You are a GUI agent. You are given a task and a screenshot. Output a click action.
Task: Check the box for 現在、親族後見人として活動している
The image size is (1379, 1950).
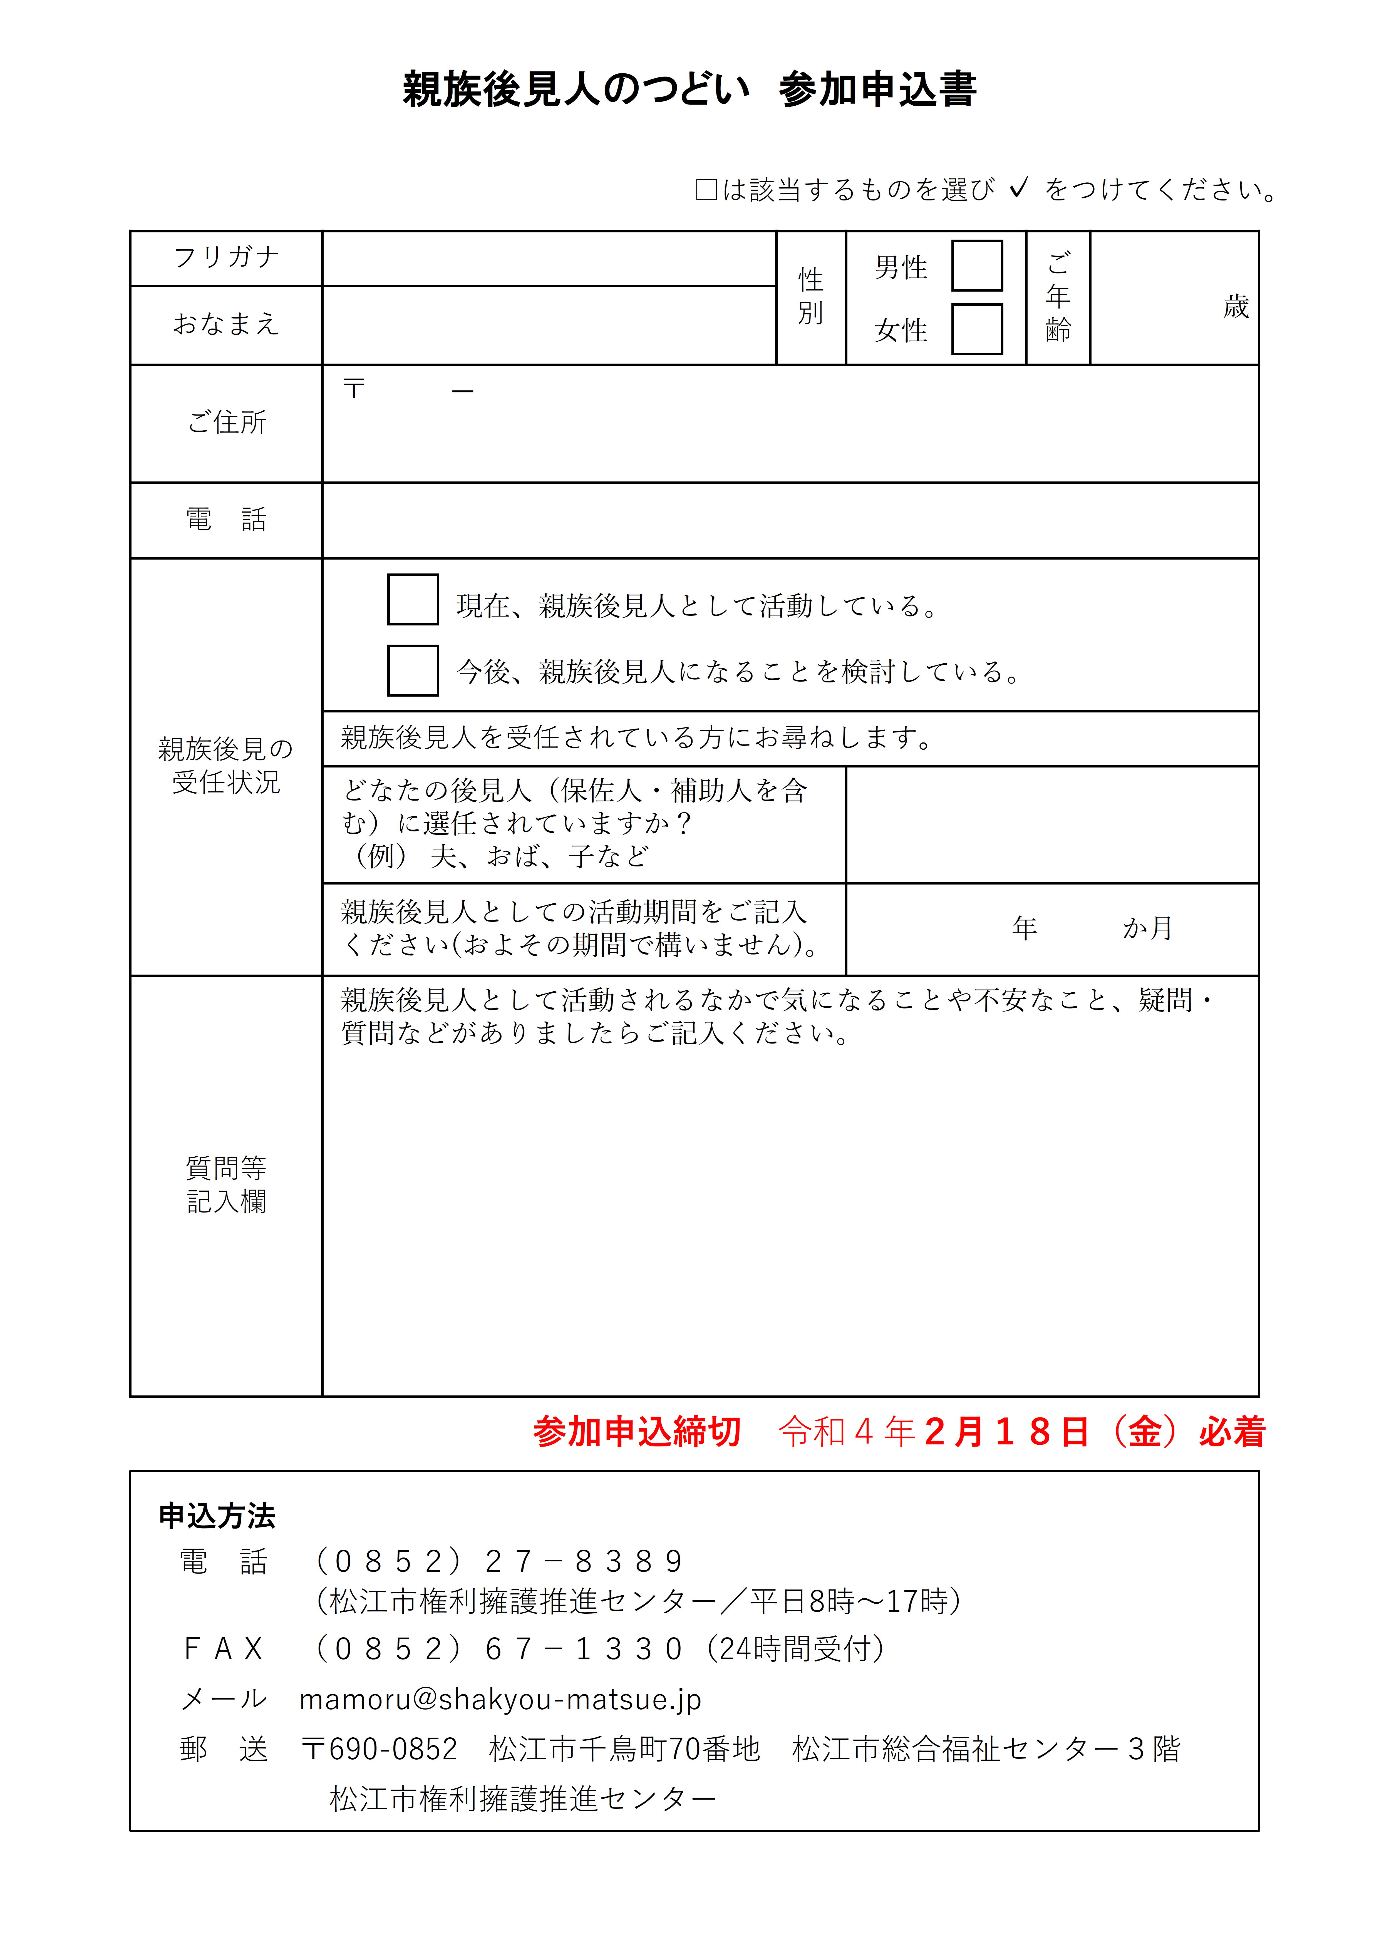pyautogui.click(x=413, y=600)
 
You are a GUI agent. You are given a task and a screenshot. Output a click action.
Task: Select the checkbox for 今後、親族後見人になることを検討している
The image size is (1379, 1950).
pyautogui.click(x=413, y=670)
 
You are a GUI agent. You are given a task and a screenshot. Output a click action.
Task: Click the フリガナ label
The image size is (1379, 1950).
pyautogui.click(x=226, y=257)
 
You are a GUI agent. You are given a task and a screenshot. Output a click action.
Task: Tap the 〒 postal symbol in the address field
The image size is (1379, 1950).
pyautogui.click(x=353, y=389)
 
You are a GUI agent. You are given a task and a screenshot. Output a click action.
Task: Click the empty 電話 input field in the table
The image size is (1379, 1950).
pyautogui.click(x=790, y=520)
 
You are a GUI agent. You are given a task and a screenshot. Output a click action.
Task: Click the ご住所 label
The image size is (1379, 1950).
pyautogui.click(x=226, y=422)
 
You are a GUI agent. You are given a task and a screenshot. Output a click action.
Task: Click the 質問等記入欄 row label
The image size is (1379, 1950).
pyautogui.click(x=226, y=1185)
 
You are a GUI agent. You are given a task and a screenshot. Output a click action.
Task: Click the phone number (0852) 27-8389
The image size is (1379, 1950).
pyautogui.click(x=500, y=1561)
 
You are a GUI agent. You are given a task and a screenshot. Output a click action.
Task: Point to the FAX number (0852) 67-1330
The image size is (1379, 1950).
pyautogui.click(x=500, y=1649)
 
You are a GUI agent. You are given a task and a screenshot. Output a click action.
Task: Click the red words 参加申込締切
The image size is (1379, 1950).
pyautogui.click(x=637, y=1432)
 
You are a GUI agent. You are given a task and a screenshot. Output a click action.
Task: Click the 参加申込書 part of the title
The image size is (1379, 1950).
pyautogui.click(x=877, y=89)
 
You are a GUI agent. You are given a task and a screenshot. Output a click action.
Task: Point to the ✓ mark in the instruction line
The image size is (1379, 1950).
pyautogui.click(x=1019, y=187)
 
